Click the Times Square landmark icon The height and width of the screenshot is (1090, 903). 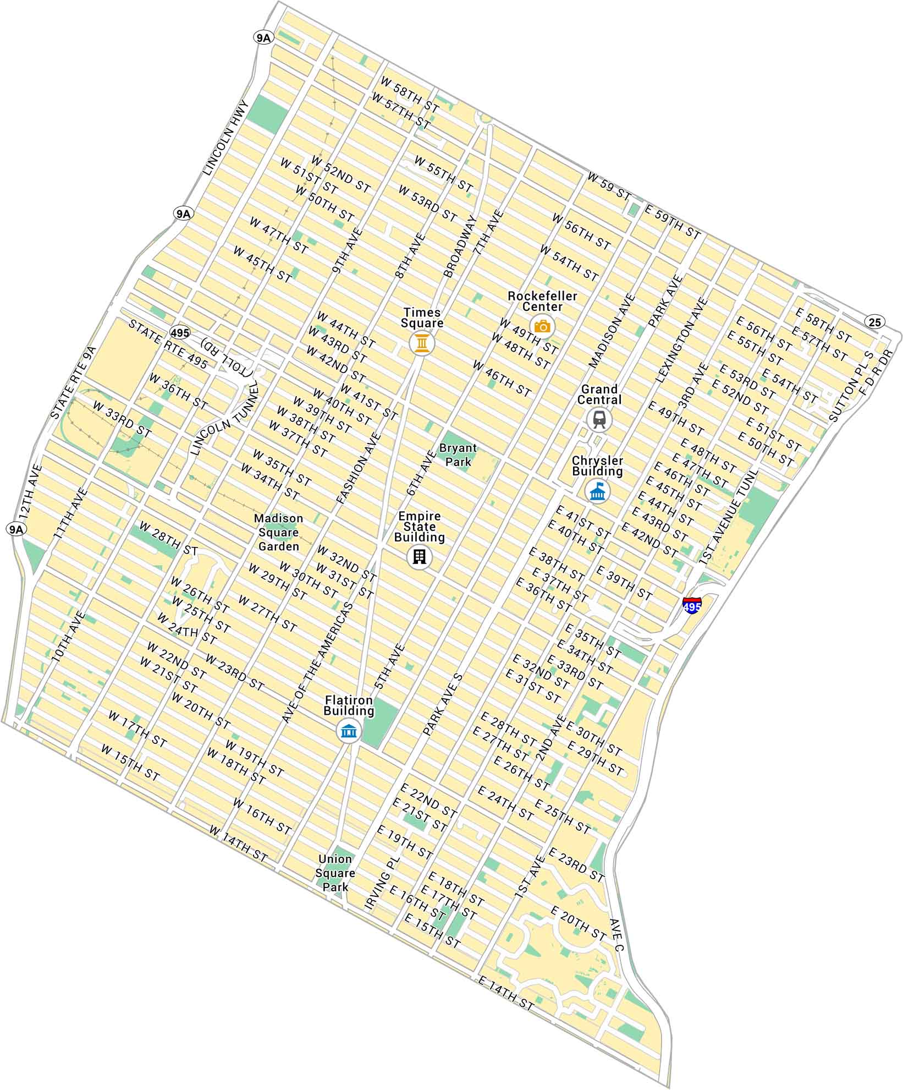tap(422, 344)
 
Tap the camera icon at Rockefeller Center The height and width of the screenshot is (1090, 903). tap(542, 327)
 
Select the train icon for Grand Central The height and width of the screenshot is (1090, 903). tap(599, 420)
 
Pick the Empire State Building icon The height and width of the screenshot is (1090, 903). tap(420, 557)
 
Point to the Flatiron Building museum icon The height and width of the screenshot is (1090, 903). tap(349, 731)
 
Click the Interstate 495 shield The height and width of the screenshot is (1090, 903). tap(692, 605)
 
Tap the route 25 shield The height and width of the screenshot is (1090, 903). tap(874, 322)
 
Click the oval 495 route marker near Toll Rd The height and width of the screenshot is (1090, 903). tap(180, 333)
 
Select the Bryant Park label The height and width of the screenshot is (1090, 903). tap(458, 455)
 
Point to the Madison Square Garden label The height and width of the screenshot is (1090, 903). tap(278, 532)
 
